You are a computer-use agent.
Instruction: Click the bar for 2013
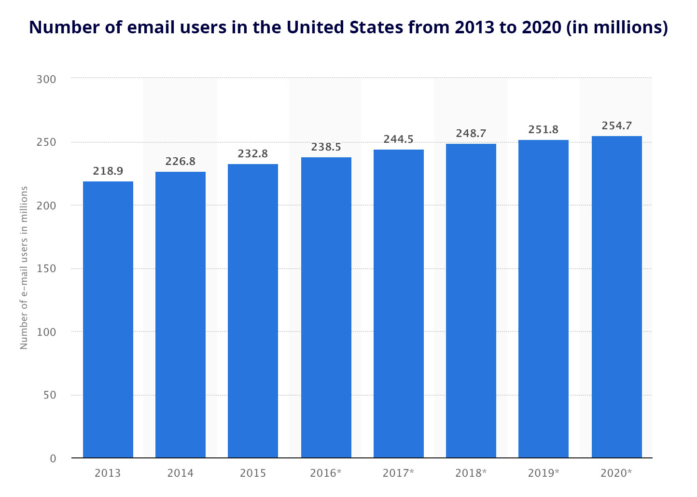108,319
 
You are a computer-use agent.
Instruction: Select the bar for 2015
253,311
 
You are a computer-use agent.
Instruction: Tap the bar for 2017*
399,304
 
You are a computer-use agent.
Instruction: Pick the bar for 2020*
617,297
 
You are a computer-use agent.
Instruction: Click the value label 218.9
108,171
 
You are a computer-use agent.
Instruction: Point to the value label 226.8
181,161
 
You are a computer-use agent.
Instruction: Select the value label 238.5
326,147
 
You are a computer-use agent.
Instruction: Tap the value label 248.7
471,133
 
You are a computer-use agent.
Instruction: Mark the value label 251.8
544,129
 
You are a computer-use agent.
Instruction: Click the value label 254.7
617,125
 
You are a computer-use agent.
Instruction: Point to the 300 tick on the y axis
46,79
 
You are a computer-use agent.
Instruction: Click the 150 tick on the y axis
46,269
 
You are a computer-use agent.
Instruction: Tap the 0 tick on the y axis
53,458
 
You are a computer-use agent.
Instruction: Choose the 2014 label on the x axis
181,473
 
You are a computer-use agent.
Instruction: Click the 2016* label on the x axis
326,473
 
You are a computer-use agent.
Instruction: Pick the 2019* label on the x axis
544,473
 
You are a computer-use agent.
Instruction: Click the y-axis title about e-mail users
24,267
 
